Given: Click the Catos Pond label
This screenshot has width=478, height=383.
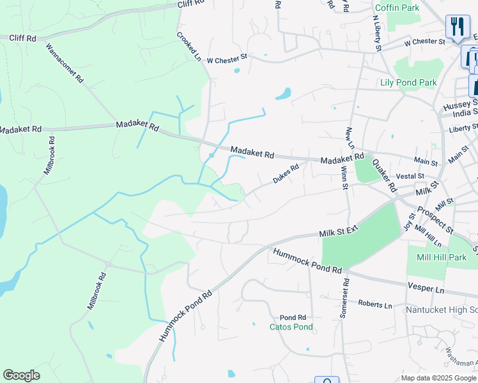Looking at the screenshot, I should pyautogui.click(x=291, y=327).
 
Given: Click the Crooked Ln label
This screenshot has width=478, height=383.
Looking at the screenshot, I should pyautogui.click(x=189, y=47).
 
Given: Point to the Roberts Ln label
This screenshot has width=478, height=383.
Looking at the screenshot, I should pyautogui.click(x=374, y=304).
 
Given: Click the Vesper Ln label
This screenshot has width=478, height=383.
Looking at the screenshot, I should pyautogui.click(x=425, y=289).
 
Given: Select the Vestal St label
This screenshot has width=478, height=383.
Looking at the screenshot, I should pyautogui.click(x=410, y=176).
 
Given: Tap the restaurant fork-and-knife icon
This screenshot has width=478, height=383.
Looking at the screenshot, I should pyautogui.click(x=457, y=27).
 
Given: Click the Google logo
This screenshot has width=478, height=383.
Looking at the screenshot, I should pyautogui.click(x=21, y=375).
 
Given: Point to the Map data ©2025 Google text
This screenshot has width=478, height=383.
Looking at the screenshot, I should pyautogui.click(x=438, y=378).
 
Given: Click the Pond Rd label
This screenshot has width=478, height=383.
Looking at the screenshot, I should pyautogui.click(x=293, y=317).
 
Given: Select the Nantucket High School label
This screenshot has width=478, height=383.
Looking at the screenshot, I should pyautogui.click(x=442, y=310).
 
